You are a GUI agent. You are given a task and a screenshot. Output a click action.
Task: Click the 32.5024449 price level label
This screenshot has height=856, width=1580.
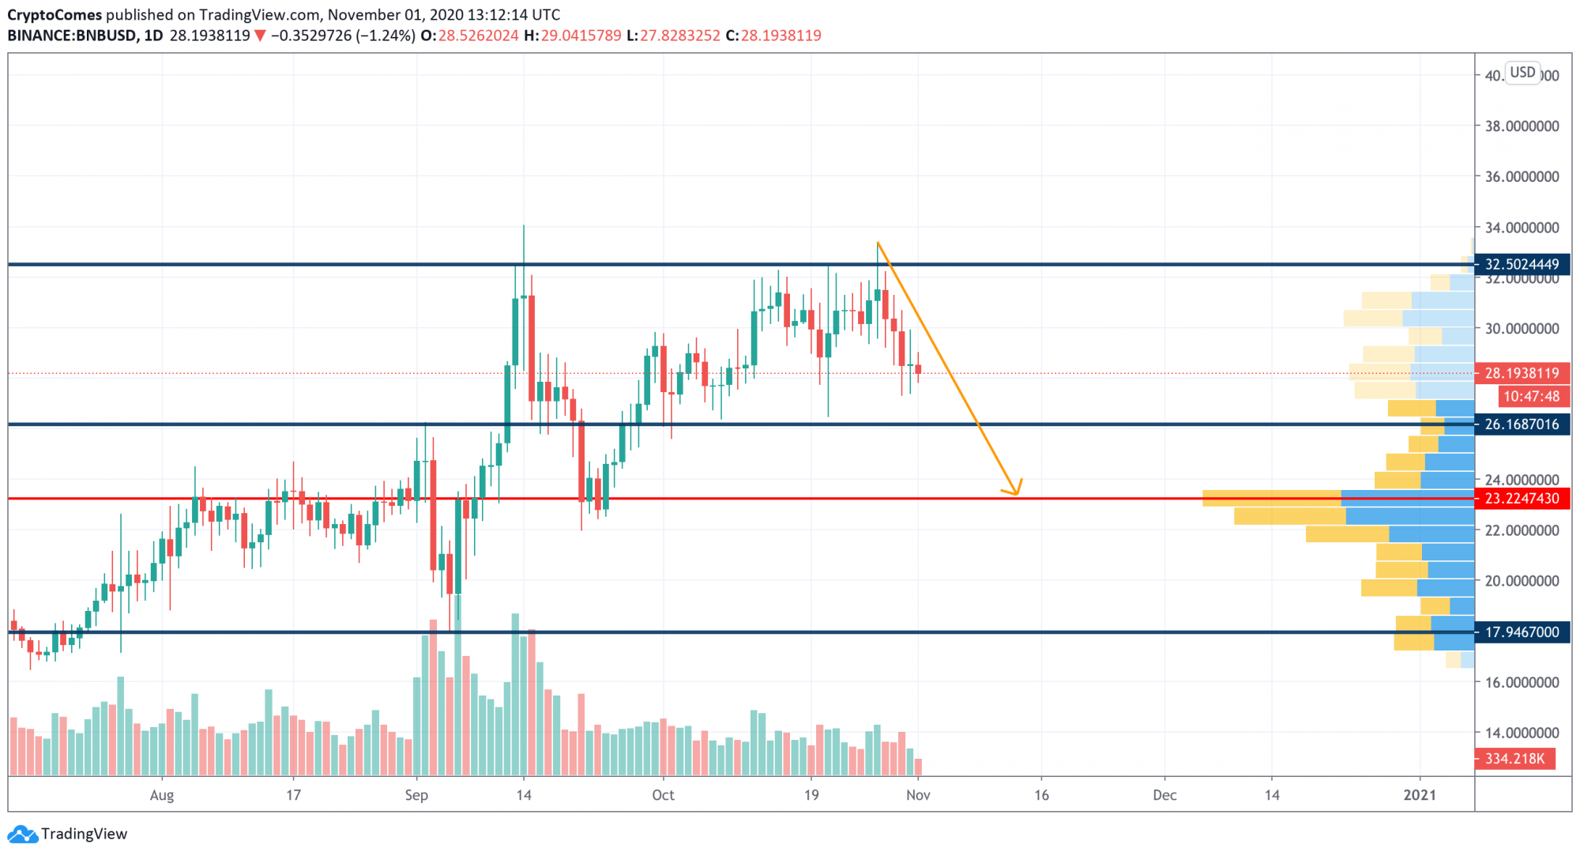coord(1522,264)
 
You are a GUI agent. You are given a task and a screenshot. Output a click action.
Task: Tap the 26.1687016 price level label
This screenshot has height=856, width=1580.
coord(1522,424)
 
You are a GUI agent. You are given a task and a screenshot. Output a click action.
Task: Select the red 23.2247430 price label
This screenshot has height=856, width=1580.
coord(1522,499)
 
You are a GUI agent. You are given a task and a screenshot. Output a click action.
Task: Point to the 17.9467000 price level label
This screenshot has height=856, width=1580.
coord(1522,632)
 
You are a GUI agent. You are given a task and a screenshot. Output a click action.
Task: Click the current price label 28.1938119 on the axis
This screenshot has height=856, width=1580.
coord(1522,373)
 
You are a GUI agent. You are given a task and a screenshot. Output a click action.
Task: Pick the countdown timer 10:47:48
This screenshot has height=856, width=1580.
coord(1531,397)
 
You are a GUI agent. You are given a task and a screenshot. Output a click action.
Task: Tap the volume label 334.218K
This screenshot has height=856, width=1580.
coord(1514,759)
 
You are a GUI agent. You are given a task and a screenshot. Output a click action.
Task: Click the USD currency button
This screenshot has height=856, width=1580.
coord(1522,73)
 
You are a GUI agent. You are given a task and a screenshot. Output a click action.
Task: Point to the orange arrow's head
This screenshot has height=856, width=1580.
coord(1016,492)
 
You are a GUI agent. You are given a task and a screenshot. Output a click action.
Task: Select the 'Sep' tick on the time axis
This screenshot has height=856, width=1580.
coord(416,795)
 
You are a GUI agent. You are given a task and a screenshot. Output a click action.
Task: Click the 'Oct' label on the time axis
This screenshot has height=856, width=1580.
coord(663,795)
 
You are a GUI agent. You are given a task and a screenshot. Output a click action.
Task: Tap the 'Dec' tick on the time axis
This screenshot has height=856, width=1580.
coord(1164,795)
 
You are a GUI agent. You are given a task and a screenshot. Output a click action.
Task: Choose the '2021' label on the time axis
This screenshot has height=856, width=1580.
coord(1420,795)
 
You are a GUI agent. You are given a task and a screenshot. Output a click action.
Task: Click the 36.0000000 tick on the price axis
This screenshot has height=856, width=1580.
coord(1522,177)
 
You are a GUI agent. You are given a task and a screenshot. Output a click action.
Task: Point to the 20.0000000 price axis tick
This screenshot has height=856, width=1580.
coord(1522,581)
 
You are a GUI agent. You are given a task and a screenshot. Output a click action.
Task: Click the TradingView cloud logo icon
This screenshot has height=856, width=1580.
coord(22,834)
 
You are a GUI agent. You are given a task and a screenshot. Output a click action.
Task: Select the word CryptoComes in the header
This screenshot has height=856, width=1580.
coord(55,15)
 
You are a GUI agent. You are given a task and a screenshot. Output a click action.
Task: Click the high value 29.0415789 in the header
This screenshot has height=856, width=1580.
coord(581,36)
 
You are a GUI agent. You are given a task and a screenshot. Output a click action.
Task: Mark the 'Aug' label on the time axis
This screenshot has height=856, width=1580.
coord(161,795)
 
